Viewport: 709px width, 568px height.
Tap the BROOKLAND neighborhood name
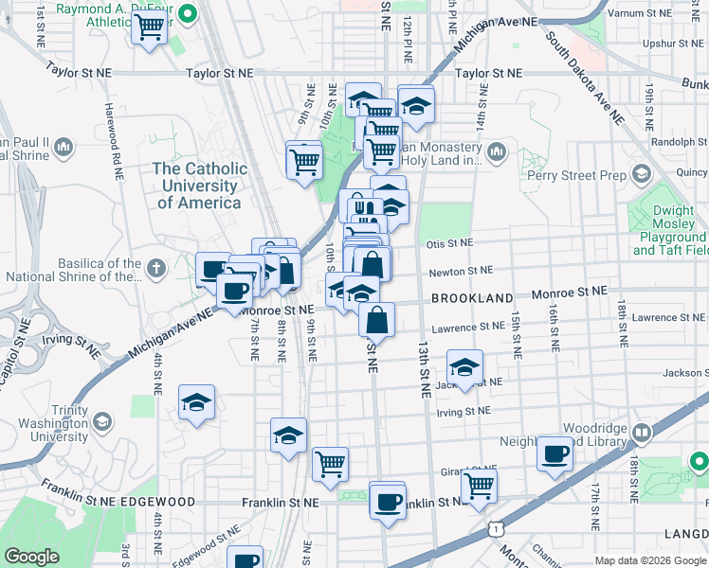tap(471, 298)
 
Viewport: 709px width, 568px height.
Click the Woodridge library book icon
tap(642, 433)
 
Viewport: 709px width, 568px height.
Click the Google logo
tap(31, 557)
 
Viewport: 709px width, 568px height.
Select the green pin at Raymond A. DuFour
tap(188, 13)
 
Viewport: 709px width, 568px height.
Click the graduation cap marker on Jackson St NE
tap(464, 367)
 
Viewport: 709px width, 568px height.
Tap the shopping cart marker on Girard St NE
tap(479, 486)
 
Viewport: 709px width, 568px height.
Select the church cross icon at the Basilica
tap(157, 269)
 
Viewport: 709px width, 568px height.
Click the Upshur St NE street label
tap(673, 44)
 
